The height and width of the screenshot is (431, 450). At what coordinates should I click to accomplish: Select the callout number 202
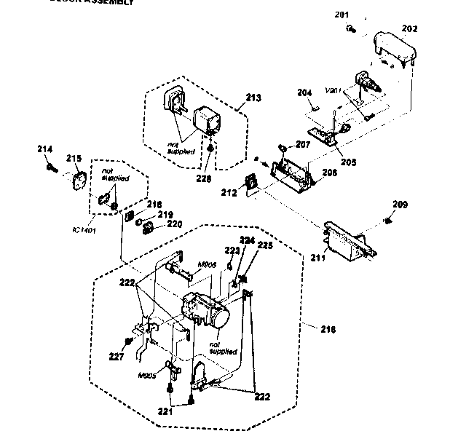pos(409,29)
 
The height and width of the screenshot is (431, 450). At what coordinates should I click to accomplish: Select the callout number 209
pos(400,204)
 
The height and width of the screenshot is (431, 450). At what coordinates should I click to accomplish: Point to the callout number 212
pos(229,194)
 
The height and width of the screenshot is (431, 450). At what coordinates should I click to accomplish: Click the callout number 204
pos(304,92)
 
